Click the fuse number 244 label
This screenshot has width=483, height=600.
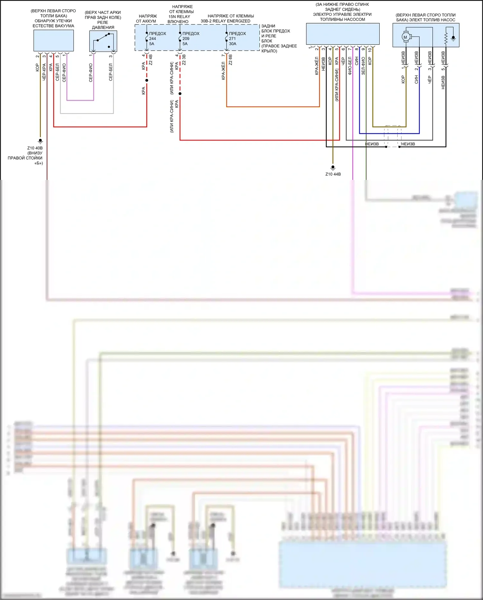152,39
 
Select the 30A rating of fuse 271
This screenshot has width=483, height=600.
232,44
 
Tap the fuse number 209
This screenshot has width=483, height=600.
186,39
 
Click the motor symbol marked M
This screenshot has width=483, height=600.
405,37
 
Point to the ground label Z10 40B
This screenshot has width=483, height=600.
35,148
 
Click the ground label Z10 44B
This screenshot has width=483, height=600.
333,174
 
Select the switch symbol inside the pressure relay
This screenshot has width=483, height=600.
103,39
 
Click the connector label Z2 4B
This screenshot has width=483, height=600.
151,60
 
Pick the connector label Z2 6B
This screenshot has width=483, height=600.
231,60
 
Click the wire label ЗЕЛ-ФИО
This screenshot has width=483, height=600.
363,66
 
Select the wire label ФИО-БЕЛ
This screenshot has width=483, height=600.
350,66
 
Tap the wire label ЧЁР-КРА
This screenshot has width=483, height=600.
44,72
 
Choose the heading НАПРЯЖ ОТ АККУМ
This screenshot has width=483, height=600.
147,19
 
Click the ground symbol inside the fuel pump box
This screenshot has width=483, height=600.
453,38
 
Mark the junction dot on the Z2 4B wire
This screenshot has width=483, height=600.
147,80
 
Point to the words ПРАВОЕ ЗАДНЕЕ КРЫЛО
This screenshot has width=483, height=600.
279,48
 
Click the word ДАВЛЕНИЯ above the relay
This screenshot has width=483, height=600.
103,27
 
